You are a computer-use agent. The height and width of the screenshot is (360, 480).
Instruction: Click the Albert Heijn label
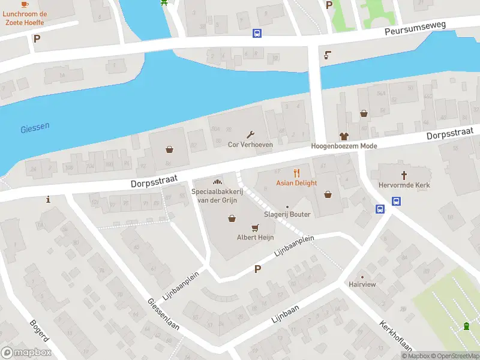[x=256, y=238]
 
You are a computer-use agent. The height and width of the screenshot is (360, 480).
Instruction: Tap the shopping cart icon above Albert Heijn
[x=256, y=227]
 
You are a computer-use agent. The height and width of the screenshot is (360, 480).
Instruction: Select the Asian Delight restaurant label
[x=296, y=183]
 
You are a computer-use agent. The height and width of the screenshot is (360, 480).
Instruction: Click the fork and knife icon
[x=296, y=173]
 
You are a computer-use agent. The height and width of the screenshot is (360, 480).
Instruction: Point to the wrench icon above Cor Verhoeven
[x=250, y=134]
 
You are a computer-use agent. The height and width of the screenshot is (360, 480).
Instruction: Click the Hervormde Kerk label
[x=404, y=185]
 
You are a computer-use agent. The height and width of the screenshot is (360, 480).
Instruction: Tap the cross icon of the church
[x=404, y=175]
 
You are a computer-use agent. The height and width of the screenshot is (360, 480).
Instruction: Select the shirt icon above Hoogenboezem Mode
[x=344, y=136]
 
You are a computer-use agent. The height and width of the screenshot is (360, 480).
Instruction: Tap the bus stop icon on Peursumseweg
[x=257, y=34]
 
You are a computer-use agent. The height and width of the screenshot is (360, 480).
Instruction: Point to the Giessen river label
[x=35, y=128]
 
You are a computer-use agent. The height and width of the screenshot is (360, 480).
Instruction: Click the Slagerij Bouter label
[x=287, y=214]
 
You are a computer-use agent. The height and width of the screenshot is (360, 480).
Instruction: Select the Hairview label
[x=362, y=284]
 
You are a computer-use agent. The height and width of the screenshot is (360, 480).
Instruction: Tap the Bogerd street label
[x=40, y=332]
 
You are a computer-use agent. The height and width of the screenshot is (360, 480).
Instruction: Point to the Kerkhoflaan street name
[x=395, y=336]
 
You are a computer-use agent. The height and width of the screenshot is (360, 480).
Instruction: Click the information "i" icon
[x=48, y=199]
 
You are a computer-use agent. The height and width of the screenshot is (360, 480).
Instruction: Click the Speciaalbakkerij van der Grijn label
[x=216, y=196]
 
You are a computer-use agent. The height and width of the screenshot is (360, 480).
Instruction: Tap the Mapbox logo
[x=26, y=352]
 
